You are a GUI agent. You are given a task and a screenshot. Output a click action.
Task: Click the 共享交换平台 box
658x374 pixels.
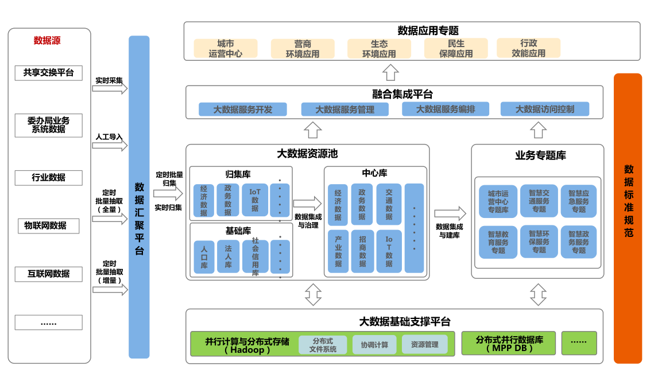click(x=48, y=73)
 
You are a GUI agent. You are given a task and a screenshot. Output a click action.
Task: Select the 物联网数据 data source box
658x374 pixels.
click(x=48, y=225)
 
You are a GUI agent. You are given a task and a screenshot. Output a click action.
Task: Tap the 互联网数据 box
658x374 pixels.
click(x=48, y=274)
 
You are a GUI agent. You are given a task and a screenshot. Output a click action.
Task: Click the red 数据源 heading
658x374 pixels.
click(x=47, y=41)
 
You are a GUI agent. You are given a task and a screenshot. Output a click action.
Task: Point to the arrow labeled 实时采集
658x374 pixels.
click(x=110, y=89)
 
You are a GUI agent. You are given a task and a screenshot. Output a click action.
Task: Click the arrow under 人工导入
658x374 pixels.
click(x=110, y=146)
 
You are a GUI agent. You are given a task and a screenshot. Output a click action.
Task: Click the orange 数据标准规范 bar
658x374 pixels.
click(x=628, y=218)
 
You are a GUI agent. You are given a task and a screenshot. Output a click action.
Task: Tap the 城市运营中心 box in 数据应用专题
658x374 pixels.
click(x=225, y=49)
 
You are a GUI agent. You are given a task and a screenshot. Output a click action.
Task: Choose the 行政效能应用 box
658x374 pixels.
click(x=528, y=48)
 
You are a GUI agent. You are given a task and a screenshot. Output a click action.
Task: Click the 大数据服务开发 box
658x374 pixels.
click(x=242, y=109)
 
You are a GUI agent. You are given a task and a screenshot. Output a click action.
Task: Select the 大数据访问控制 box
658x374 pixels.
click(x=544, y=109)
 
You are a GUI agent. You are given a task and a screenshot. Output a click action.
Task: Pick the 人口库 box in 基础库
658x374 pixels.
click(x=204, y=256)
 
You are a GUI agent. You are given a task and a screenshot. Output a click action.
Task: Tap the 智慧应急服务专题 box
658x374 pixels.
click(x=578, y=201)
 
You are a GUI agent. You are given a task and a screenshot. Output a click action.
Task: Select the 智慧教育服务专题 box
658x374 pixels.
click(x=498, y=241)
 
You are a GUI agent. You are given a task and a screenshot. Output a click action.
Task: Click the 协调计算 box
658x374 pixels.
click(x=374, y=345)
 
